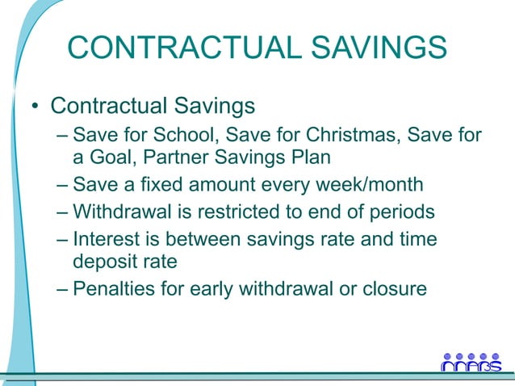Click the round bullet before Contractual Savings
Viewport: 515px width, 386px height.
(35, 108)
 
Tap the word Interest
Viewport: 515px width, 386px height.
(103, 240)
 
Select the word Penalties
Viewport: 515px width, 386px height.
(109, 288)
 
